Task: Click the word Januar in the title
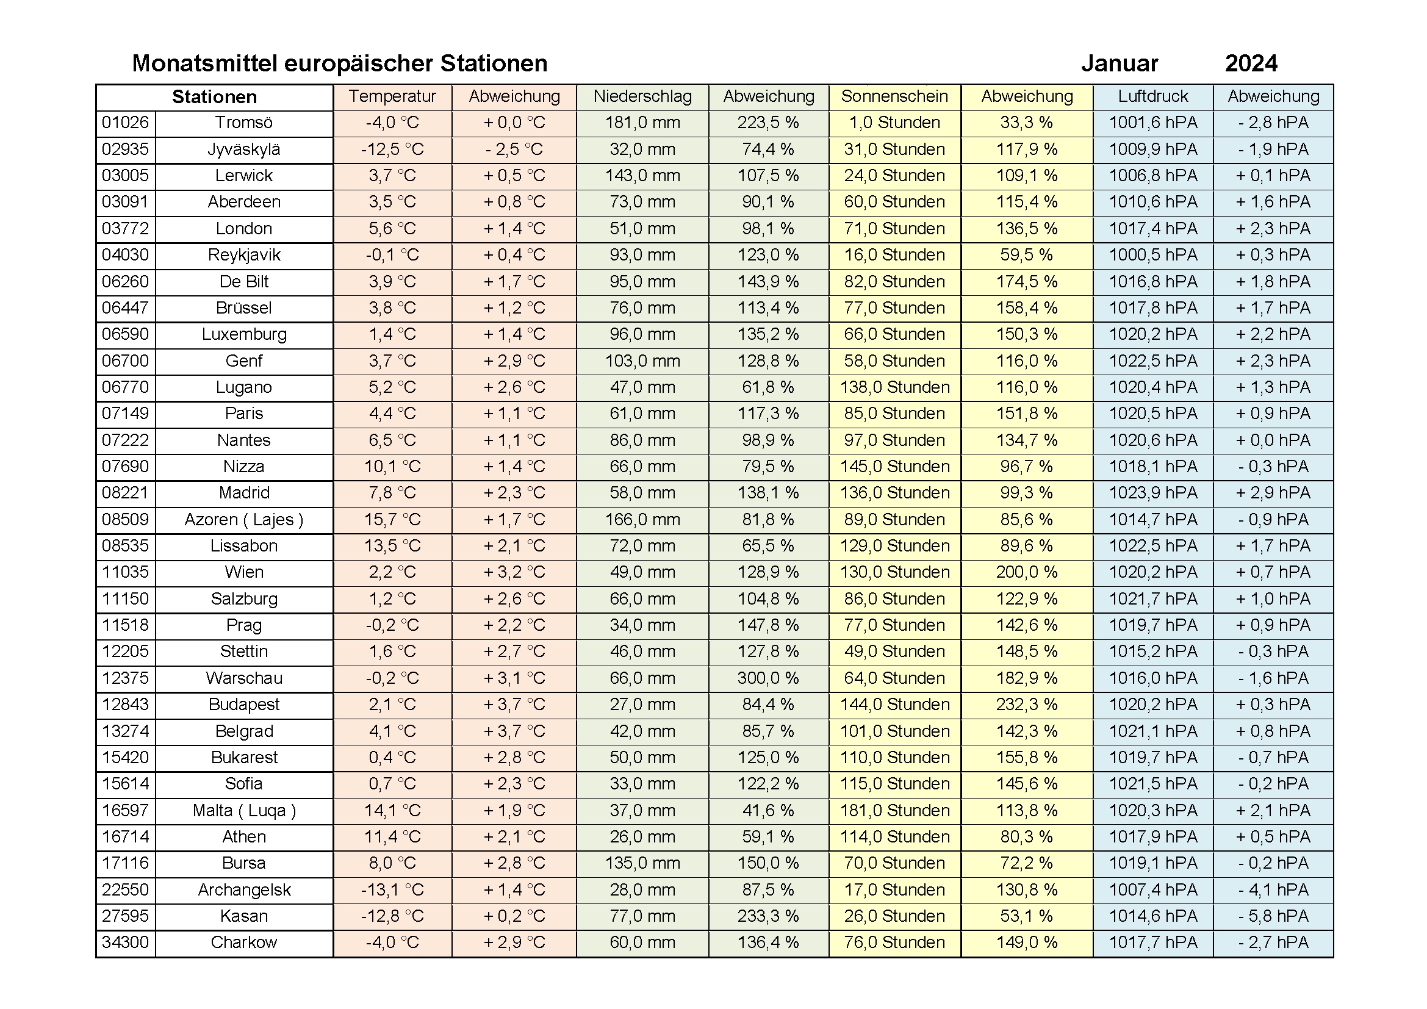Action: (x=1120, y=63)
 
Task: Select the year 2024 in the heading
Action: (x=1251, y=63)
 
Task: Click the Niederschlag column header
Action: (x=642, y=96)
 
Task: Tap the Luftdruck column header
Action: (x=1153, y=96)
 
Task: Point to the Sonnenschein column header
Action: (x=894, y=96)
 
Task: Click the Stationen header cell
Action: (x=214, y=97)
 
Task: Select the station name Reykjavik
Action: (x=243, y=255)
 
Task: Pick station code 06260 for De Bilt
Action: (x=126, y=281)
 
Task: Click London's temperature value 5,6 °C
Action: (x=392, y=229)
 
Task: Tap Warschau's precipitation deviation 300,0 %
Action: (x=768, y=678)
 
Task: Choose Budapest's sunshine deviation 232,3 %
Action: (x=1027, y=705)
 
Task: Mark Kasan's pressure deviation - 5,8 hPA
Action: (x=1273, y=916)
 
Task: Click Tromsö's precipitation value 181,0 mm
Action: (x=642, y=123)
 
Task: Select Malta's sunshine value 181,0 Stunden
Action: (x=894, y=810)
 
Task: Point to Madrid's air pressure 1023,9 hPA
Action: (x=1153, y=493)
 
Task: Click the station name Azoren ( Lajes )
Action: (x=243, y=519)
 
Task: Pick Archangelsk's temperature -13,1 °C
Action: (x=392, y=889)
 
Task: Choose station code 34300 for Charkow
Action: (x=126, y=943)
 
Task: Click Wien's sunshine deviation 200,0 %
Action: (x=1027, y=572)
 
